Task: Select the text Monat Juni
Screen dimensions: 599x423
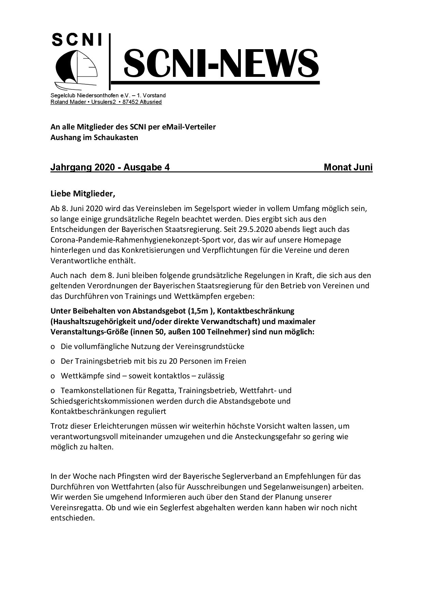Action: click(x=348, y=167)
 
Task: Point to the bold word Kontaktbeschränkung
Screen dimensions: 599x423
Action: click(x=256, y=311)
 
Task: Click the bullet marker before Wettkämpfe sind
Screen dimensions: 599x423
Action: click(x=53, y=376)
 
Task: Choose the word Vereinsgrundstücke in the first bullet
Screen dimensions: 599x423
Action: click(x=210, y=346)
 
